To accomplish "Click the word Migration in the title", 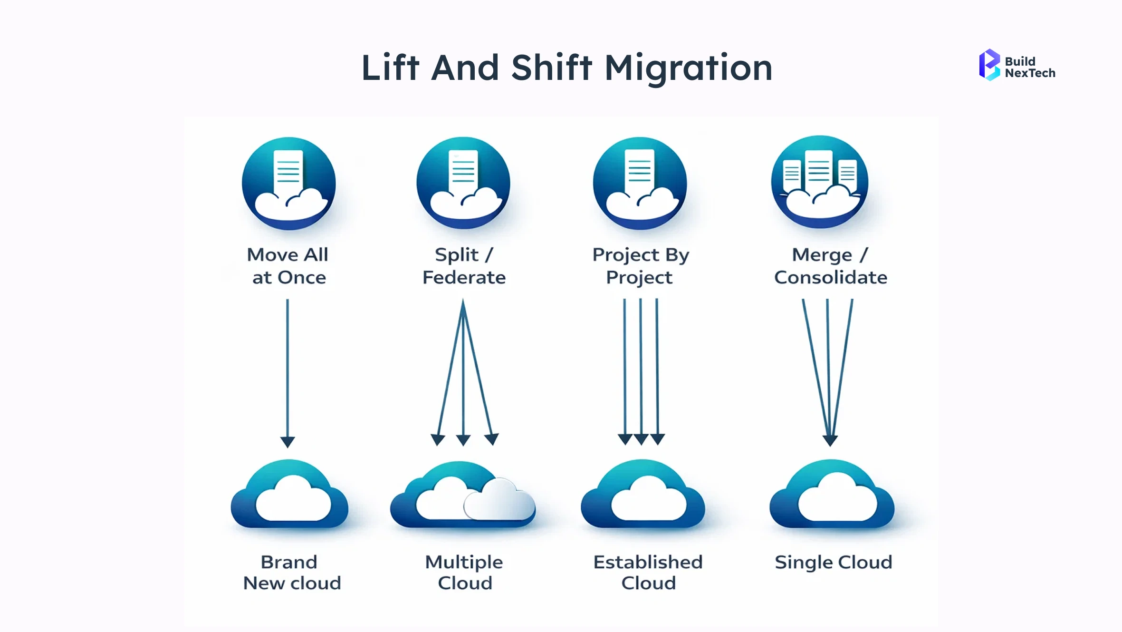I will [688, 68].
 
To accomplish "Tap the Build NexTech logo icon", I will [989, 65].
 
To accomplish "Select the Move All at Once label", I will [288, 266].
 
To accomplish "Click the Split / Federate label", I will [464, 266].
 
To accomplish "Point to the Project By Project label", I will [640, 266].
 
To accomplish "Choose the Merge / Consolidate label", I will [830, 266].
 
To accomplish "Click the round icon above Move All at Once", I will [288, 184].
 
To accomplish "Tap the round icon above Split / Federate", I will [463, 183].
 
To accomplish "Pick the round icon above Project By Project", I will [640, 184].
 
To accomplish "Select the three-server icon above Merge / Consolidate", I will [820, 182].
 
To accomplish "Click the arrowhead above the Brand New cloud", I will [288, 442].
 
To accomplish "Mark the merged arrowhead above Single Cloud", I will [830, 440].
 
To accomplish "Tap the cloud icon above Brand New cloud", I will [289, 496].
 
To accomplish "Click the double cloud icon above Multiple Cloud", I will [463, 497].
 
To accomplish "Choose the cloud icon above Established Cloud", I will [643, 496].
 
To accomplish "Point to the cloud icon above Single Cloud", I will [832, 496].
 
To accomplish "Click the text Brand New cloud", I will [291, 573].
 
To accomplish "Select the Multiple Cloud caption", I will [464, 573].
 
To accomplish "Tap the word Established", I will [648, 562].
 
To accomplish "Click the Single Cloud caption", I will [833, 563].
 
